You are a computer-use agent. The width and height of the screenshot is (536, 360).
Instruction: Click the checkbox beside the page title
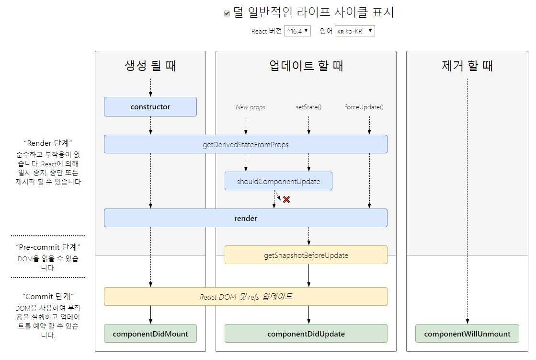click(227, 13)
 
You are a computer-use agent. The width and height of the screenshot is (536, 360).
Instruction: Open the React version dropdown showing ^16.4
click(297, 31)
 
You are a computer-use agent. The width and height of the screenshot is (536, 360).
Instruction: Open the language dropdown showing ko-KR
click(355, 31)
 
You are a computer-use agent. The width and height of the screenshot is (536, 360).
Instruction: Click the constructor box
click(150, 107)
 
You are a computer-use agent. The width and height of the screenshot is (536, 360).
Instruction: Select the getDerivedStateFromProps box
click(246, 144)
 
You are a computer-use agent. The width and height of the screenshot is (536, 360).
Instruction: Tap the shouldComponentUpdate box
click(279, 181)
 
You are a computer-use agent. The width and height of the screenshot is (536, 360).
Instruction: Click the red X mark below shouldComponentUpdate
click(286, 199)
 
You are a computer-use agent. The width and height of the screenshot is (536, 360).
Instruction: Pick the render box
click(246, 218)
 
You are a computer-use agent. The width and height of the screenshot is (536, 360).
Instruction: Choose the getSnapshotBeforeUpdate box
click(306, 255)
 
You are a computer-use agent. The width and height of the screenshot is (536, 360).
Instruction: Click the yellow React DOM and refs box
click(246, 297)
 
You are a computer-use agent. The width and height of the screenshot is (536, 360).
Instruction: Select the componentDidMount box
click(150, 334)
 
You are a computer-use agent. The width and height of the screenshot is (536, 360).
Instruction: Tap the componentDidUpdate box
click(306, 334)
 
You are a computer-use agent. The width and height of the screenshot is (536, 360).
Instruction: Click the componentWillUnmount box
click(468, 334)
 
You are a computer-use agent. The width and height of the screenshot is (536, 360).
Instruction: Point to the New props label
click(251, 107)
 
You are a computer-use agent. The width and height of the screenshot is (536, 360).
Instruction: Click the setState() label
click(308, 107)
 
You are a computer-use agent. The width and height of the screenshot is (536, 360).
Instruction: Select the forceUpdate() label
click(364, 107)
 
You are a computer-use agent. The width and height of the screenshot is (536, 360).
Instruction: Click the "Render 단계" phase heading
click(48, 143)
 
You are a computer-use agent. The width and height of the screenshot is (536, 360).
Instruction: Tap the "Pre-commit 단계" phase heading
click(48, 247)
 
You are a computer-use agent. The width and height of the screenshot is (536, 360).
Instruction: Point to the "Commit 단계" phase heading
click(48, 296)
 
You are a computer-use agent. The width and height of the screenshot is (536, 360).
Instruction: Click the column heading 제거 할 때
click(468, 66)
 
